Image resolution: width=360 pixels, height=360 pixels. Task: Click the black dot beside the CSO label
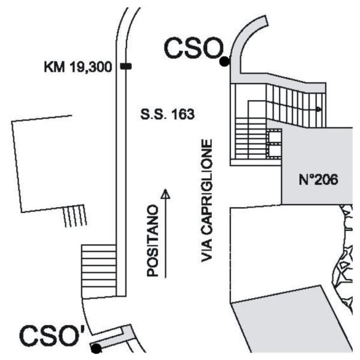[x=224, y=62]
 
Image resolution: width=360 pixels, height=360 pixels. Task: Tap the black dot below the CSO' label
[x=96, y=349]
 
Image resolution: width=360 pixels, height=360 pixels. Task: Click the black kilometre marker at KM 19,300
[x=126, y=67]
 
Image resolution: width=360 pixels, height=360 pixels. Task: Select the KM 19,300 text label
[x=78, y=67]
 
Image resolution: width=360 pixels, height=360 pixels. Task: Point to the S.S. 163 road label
[x=167, y=114]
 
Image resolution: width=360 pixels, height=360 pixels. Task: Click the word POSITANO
[x=152, y=241]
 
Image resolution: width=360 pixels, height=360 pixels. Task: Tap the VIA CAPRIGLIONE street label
[x=206, y=200]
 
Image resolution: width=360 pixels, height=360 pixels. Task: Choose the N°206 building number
[x=318, y=179]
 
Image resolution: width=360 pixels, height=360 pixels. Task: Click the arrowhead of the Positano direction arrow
[x=166, y=193]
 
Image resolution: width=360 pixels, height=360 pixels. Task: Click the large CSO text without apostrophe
[x=194, y=49]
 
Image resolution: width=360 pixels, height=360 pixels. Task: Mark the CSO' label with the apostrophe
[x=53, y=335]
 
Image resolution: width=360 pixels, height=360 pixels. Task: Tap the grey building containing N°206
[x=317, y=166]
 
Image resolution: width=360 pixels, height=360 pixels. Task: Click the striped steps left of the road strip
[x=99, y=271]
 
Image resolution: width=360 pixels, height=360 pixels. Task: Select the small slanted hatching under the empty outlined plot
[x=75, y=216]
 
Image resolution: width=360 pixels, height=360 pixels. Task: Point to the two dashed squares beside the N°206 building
[x=274, y=143]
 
